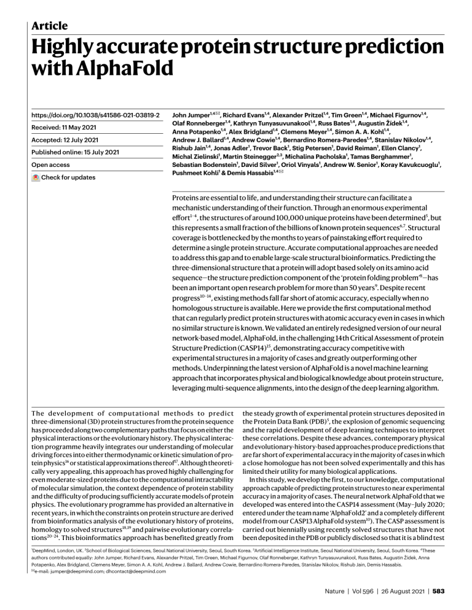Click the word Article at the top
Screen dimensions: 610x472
(x=50, y=25)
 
